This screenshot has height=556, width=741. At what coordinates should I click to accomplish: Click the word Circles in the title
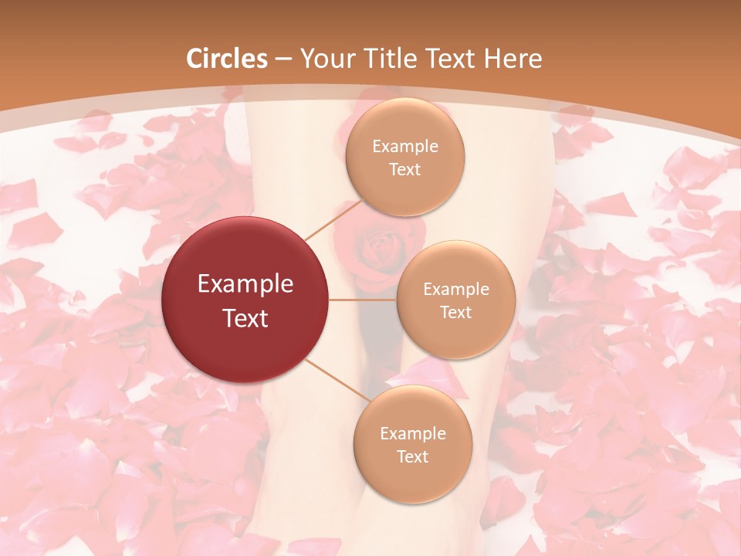pyautogui.click(x=227, y=59)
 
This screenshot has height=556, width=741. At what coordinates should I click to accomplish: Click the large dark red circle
pyautogui.click(x=245, y=300)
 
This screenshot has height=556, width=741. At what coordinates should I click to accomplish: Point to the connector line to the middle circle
pyautogui.click(x=363, y=300)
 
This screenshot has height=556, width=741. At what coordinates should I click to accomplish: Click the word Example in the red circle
pyautogui.click(x=245, y=284)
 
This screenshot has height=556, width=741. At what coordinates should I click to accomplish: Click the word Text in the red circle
pyautogui.click(x=245, y=318)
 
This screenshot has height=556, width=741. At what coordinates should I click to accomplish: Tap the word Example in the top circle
pyautogui.click(x=404, y=147)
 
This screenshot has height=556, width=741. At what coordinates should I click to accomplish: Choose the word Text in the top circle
pyautogui.click(x=404, y=170)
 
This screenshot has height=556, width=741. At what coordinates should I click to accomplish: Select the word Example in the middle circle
pyautogui.click(x=455, y=290)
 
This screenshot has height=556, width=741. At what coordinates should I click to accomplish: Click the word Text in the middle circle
pyautogui.click(x=455, y=313)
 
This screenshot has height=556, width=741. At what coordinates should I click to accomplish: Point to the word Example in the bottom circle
pyautogui.click(x=412, y=434)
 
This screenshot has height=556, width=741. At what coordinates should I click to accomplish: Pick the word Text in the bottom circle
pyautogui.click(x=412, y=457)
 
